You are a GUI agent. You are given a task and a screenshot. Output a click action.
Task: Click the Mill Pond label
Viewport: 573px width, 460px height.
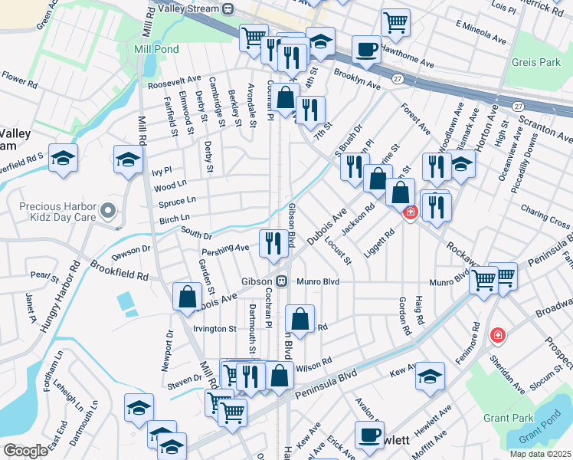pyautogui.click(x=156, y=49)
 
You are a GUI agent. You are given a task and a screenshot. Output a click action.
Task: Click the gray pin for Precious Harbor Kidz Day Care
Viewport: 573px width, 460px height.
pyautogui.click(x=108, y=209)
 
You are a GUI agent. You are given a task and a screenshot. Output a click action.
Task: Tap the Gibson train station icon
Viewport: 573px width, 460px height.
pyautogui.click(x=282, y=281)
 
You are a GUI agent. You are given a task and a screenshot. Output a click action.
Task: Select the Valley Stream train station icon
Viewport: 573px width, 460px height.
pyautogui.click(x=228, y=8)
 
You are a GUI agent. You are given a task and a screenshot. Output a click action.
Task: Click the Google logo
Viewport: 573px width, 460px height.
pyautogui.click(x=25, y=450)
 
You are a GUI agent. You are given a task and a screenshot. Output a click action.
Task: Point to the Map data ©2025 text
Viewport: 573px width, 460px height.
pyautogui.click(x=539, y=454)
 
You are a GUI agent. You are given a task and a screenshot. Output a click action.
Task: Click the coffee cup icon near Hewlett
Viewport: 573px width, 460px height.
pyautogui.click(x=368, y=435)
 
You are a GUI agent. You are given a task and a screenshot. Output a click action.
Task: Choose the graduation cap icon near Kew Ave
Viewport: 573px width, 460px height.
pyautogui.click(x=431, y=376)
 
